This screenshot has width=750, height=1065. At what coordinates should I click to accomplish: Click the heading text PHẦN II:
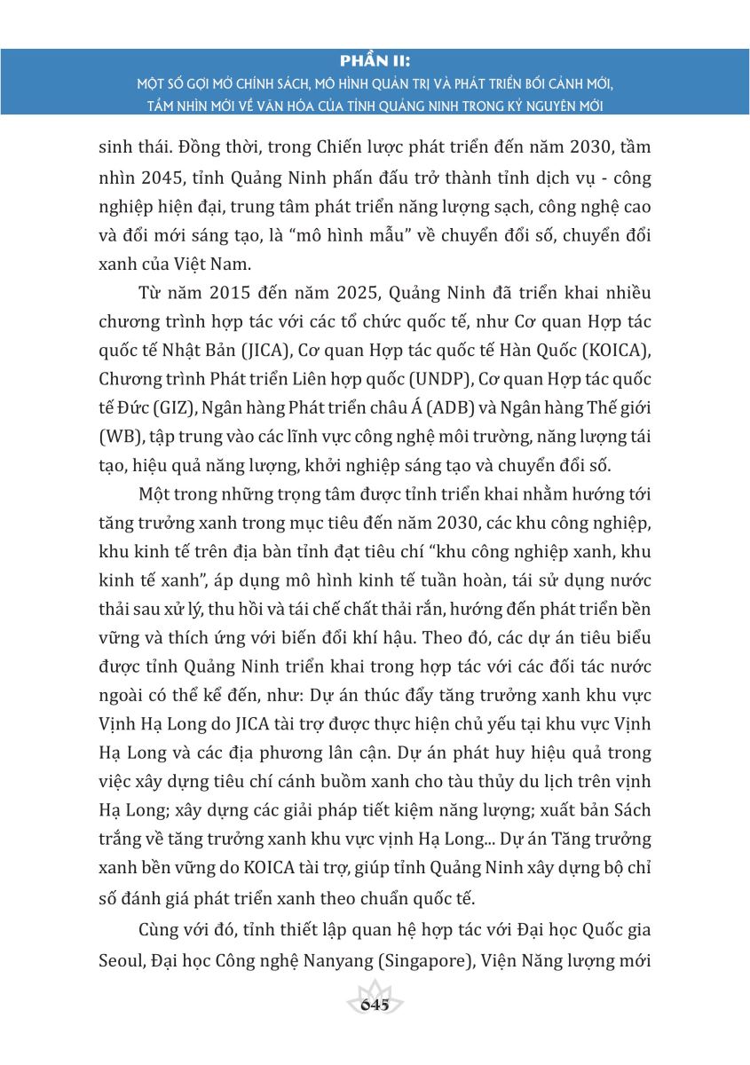375,61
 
